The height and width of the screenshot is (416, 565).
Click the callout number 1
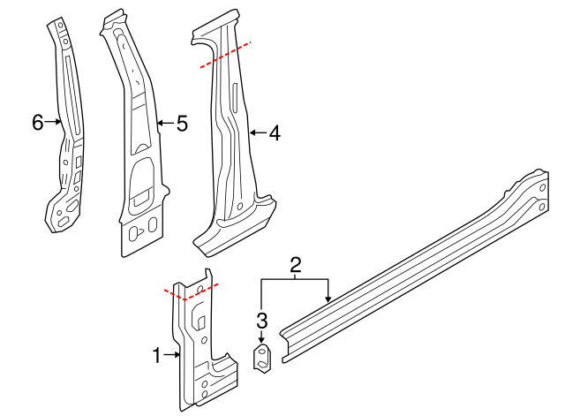[x=156, y=356]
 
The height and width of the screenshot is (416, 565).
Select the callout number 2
[x=296, y=264]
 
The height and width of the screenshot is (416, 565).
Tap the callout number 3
[x=261, y=321]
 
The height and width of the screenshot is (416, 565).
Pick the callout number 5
[x=182, y=124]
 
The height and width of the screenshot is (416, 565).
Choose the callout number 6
[x=37, y=123]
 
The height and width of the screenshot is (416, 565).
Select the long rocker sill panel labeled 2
[x=415, y=265]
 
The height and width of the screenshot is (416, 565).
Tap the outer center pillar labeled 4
[x=230, y=132]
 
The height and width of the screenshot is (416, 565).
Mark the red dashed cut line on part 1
[x=191, y=292]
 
